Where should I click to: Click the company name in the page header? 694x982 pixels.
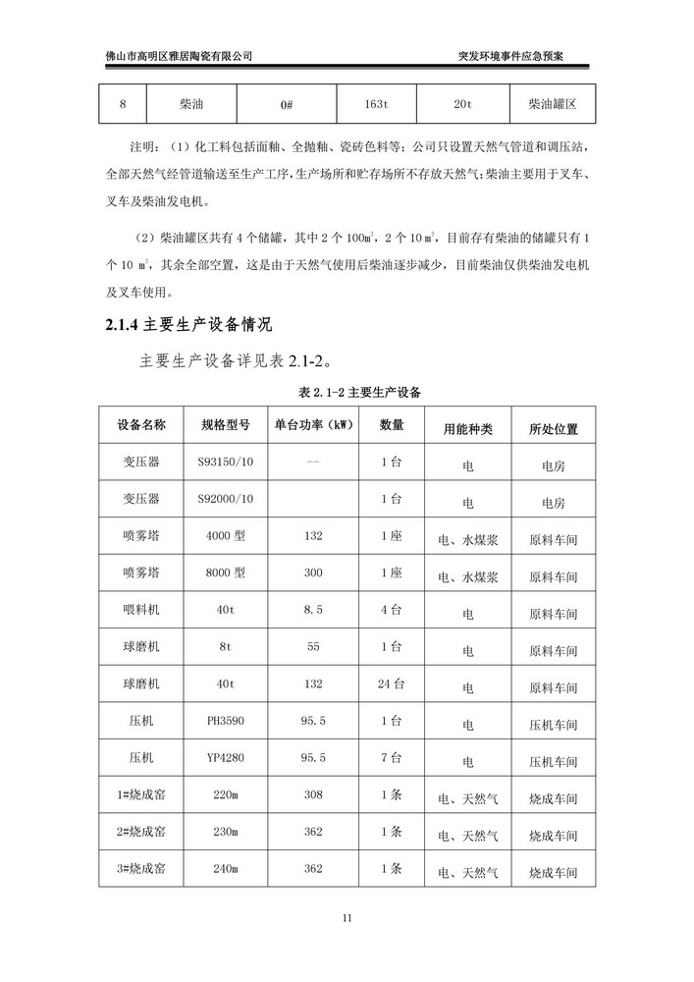click(x=179, y=56)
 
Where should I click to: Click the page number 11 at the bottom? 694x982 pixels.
click(x=347, y=918)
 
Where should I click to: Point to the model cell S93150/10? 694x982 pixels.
click(x=226, y=463)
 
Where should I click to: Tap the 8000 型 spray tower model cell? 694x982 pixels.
click(x=226, y=573)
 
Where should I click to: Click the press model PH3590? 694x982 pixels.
click(x=226, y=721)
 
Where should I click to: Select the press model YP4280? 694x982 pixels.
click(x=226, y=758)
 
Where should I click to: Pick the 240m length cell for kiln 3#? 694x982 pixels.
click(x=226, y=869)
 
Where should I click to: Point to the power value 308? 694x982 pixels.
click(x=313, y=794)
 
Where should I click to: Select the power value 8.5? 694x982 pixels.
click(x=313, y=611)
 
